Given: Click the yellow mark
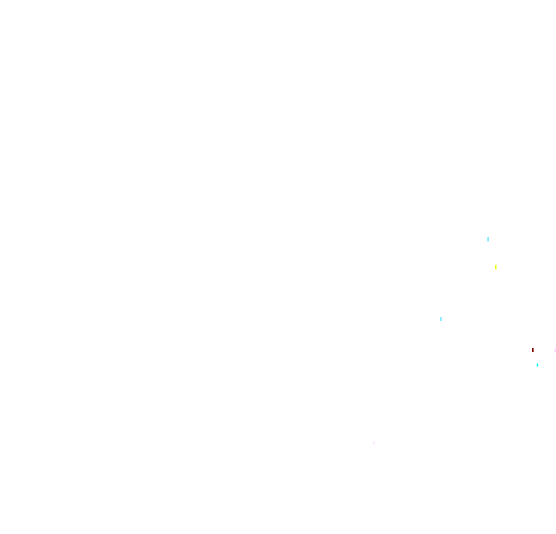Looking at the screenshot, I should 496,267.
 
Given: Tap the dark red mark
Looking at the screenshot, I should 533,350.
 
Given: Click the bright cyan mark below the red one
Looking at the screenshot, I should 537,365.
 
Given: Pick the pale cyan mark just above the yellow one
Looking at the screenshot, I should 488,239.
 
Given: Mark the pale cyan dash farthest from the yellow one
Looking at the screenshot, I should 441,319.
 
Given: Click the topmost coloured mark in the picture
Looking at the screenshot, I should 488,239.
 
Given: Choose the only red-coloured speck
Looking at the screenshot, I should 533,350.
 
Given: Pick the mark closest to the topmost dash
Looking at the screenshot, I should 496,267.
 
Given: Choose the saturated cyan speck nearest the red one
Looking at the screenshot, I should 537,365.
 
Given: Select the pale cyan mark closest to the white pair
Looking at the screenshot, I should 441,319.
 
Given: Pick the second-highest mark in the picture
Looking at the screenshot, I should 496,267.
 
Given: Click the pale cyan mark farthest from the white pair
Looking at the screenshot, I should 488,239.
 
